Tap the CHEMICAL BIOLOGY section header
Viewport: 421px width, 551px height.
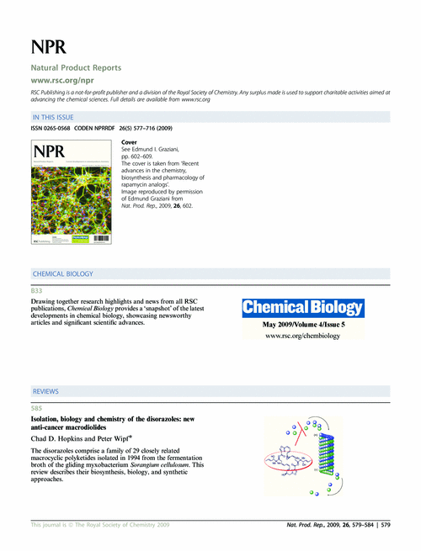click(62, 274)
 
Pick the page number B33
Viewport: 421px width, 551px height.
click(36, 289)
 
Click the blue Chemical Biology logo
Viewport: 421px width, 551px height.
click(303, 308)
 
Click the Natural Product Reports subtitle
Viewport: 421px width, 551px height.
click(76, 66)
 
